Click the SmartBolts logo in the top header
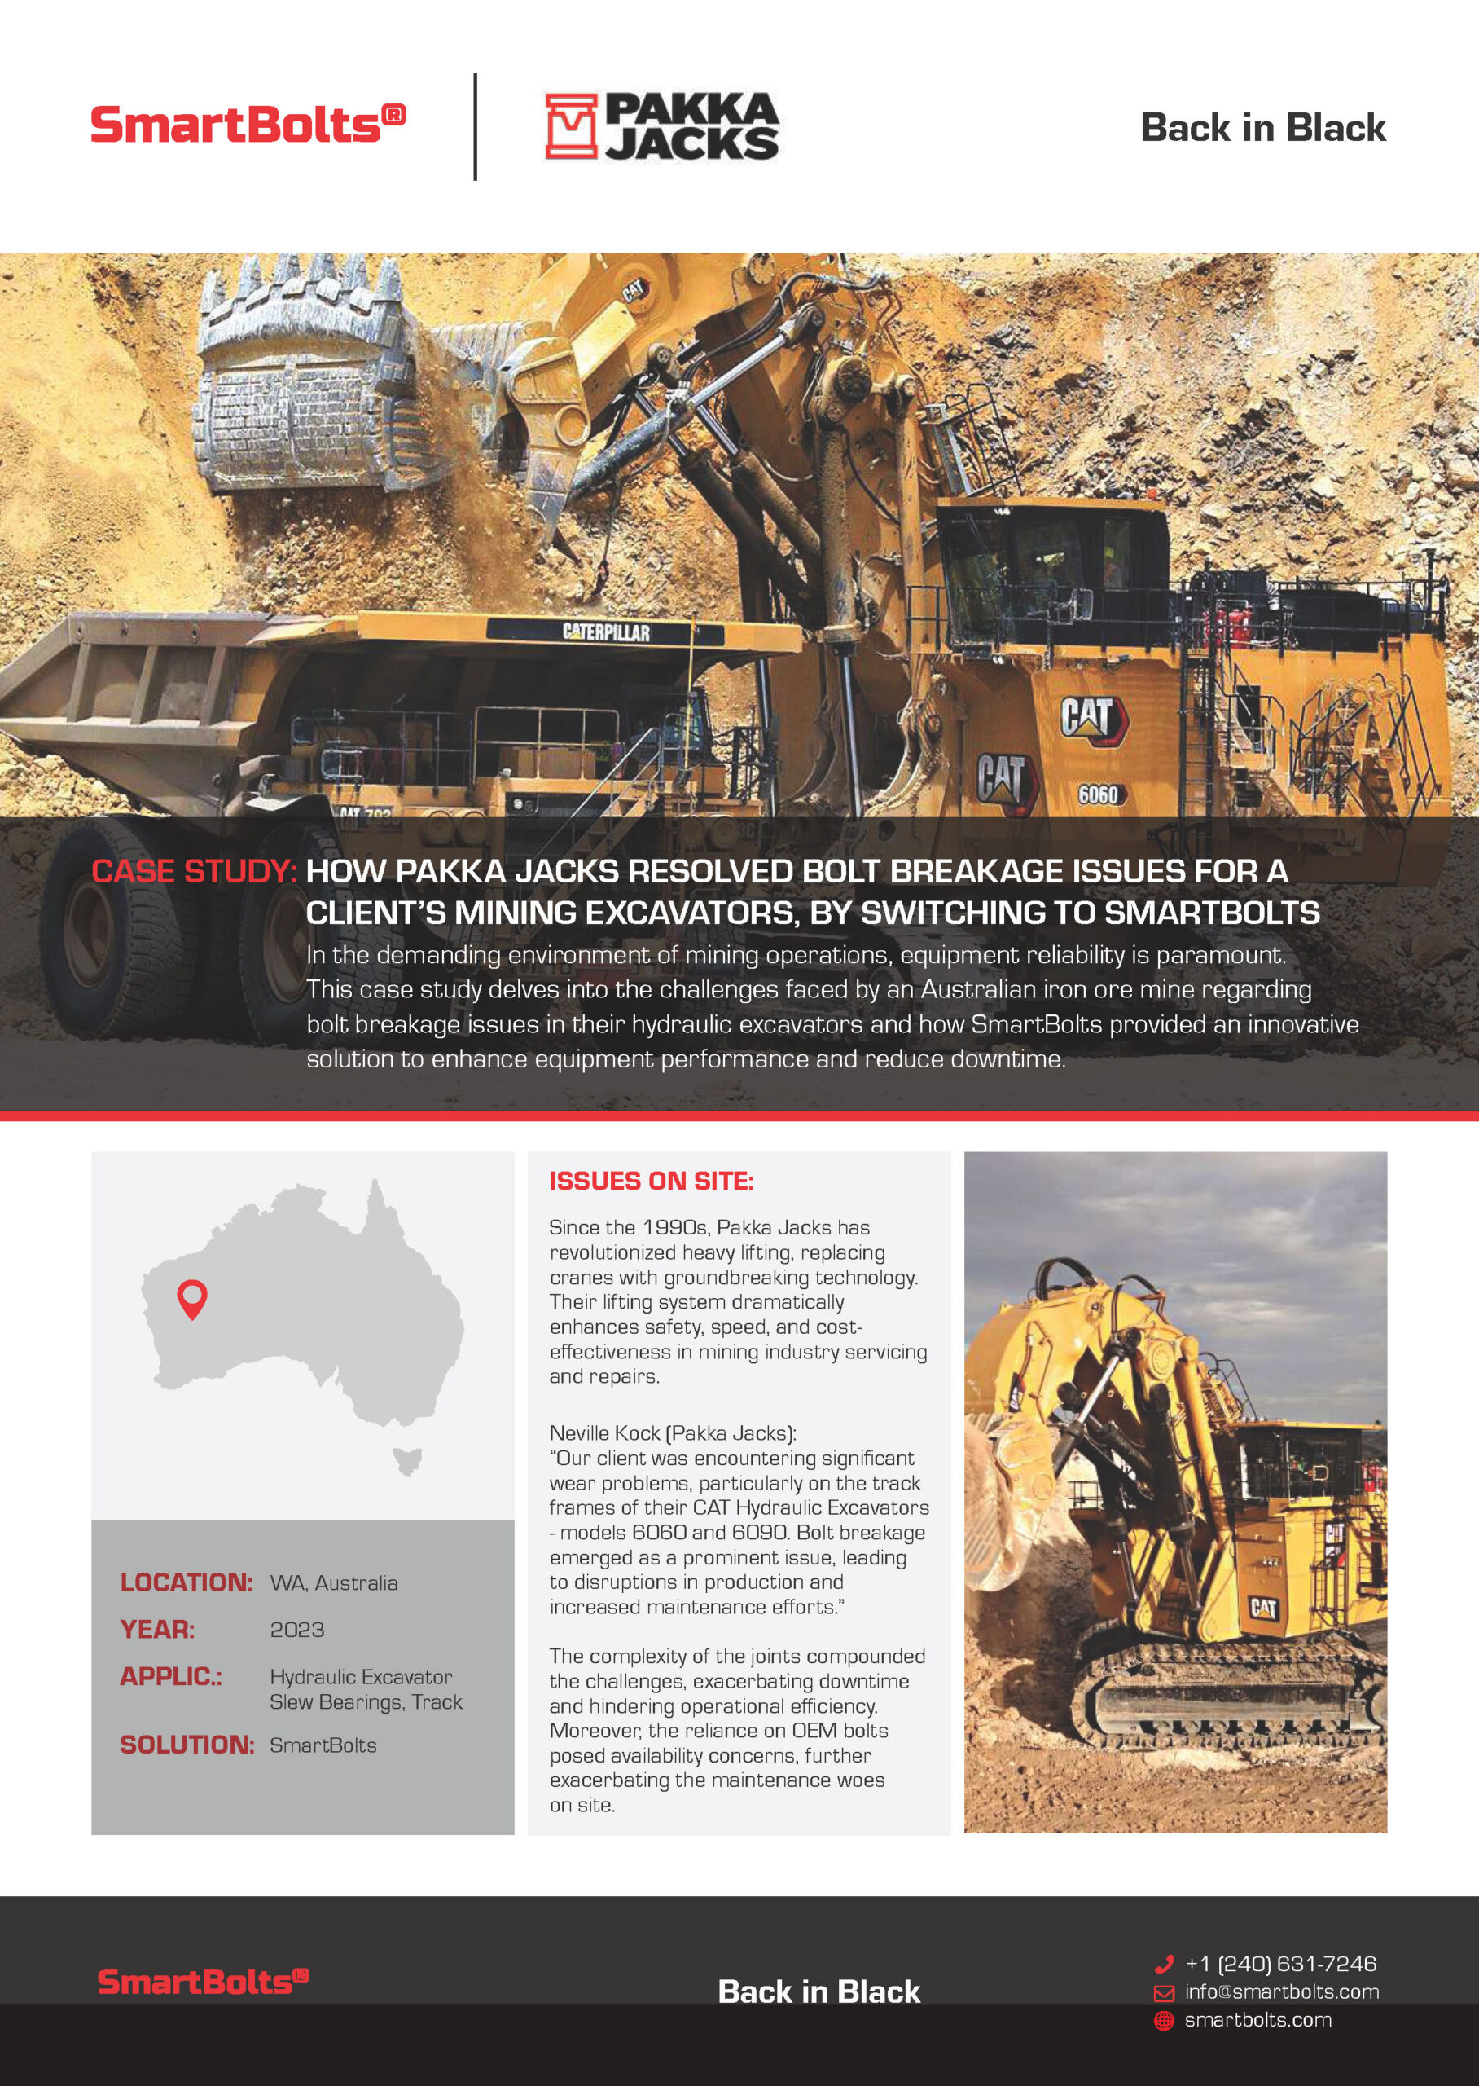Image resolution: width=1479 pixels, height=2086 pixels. pyautogui.click(x=247, y=124)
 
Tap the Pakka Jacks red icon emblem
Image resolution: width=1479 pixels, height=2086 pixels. pyautogui.click(x=570, y=126)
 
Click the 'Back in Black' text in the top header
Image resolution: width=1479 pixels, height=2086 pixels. pyautogui.click(x=1262, y=128)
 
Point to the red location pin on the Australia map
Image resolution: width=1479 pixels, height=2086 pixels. pyautogui.click(x=192, y=1298)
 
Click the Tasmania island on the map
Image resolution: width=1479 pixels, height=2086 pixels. pyautogui.click(x=408, y=1460)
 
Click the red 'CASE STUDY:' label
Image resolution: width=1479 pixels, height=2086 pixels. pyautogui.click(x=194, y=872)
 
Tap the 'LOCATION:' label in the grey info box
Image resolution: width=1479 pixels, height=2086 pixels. pyautogui.click(x=186, y=1582)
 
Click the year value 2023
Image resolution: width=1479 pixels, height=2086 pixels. pyautogui.click(x=297, y=1630)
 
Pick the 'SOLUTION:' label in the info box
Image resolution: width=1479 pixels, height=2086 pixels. pyautogui.click(x=187, y=1745)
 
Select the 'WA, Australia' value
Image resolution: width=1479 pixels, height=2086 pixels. pyautogui.click(x=333, y=1583)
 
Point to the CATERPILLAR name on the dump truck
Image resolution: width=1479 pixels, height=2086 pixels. pyautogui.click(x=606, y=632)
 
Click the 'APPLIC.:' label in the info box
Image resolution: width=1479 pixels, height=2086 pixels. pyautogui.click(x=171, y=1677)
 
